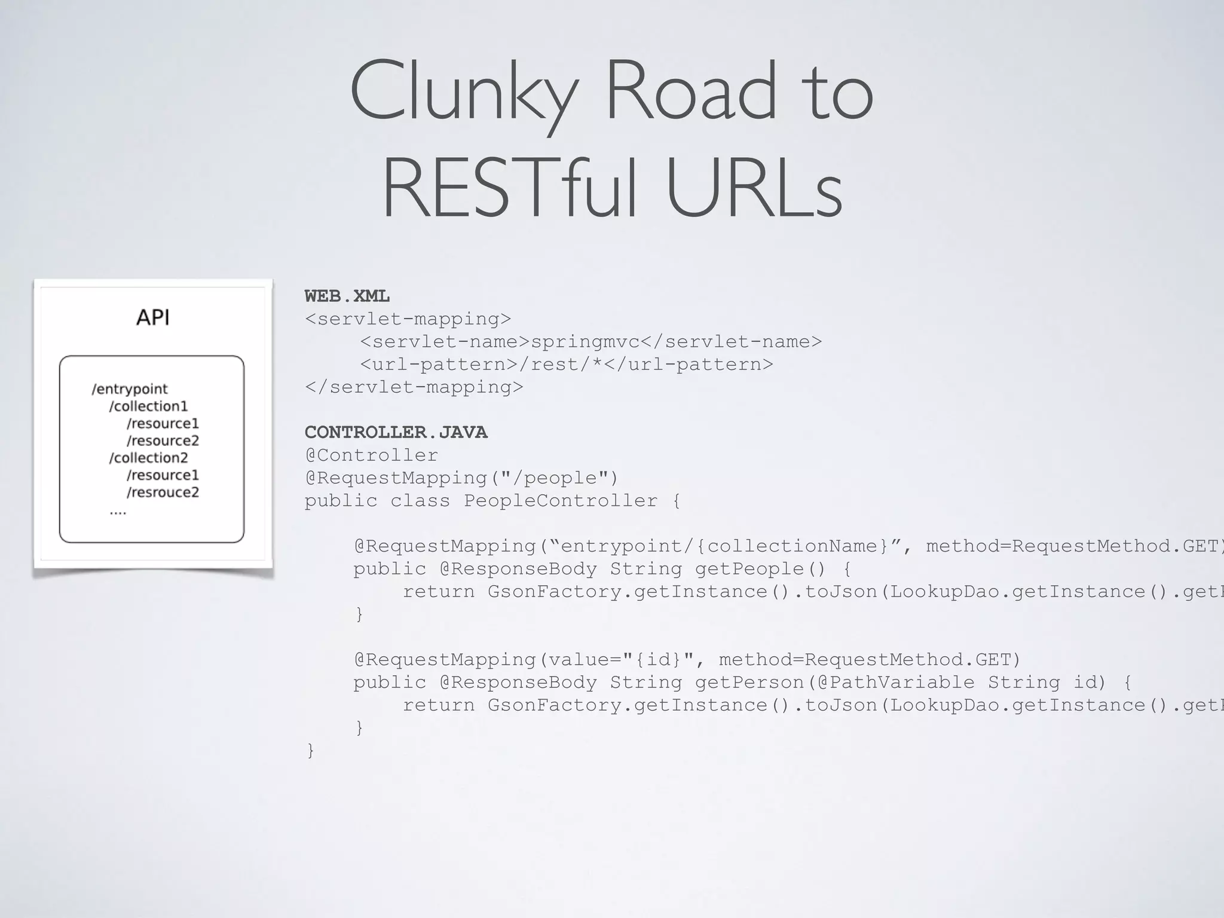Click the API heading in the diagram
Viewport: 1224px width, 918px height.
[x=153, y=317]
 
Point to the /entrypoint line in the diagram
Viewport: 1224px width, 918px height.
[x=130, y=389]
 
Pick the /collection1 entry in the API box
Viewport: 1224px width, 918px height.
[x=148, y=406]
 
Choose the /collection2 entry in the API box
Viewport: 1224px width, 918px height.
[x=148, y=458]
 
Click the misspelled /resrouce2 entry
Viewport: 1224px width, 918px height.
[x=163, y=492]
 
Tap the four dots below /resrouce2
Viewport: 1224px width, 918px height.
[x=118, y=512]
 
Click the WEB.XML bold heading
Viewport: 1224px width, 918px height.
[x=347, y=296]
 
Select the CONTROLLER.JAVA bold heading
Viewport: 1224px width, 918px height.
[x=396, y=432]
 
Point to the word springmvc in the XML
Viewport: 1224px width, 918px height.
[x=585, y=342]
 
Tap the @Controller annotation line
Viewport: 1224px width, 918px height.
[x=372, y=455]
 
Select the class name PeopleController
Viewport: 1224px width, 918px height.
[x=561, y=501]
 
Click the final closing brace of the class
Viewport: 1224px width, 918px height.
[x=310, y=751]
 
